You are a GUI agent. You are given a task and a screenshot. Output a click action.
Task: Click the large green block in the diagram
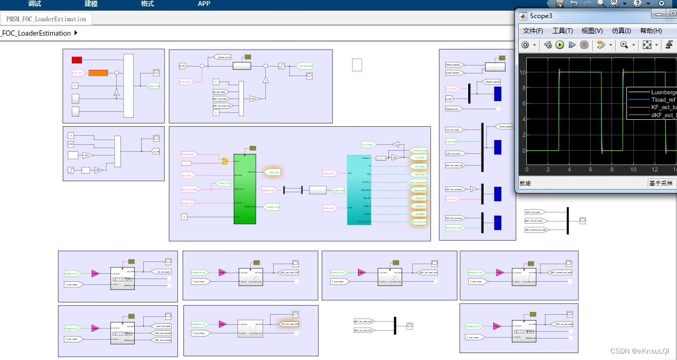coord(244,189)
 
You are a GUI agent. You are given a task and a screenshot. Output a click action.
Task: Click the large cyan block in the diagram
coord(358,190)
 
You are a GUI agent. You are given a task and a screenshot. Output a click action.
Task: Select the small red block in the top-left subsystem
coord(77,60)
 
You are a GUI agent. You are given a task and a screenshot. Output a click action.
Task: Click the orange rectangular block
coord(98,73)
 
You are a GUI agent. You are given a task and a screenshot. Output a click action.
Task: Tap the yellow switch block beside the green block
coord(225,161)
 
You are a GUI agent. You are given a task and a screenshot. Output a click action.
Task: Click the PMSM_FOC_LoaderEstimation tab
coord(46,19)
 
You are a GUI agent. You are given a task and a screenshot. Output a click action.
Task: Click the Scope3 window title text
coord(541,16)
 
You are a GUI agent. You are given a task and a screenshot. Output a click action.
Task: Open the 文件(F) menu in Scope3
coord(533,31)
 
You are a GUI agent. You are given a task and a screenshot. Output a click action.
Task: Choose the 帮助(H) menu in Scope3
coord(650,31)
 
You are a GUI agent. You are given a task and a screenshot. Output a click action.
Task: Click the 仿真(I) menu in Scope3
coord(621,31)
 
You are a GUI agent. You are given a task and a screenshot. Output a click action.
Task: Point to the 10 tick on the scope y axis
coord(523,72)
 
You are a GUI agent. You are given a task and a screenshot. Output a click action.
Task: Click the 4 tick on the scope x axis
coord(569,170)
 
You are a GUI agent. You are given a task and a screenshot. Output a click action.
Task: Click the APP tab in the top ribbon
coord(204,4)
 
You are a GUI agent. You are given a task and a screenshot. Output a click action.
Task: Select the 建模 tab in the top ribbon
coord(91,4)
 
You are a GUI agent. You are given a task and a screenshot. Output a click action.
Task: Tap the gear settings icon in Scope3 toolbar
coord(525,45)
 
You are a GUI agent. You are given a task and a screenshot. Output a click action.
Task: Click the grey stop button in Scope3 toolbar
coord(584,45)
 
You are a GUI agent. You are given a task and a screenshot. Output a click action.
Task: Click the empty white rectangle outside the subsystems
coord(357,65)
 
